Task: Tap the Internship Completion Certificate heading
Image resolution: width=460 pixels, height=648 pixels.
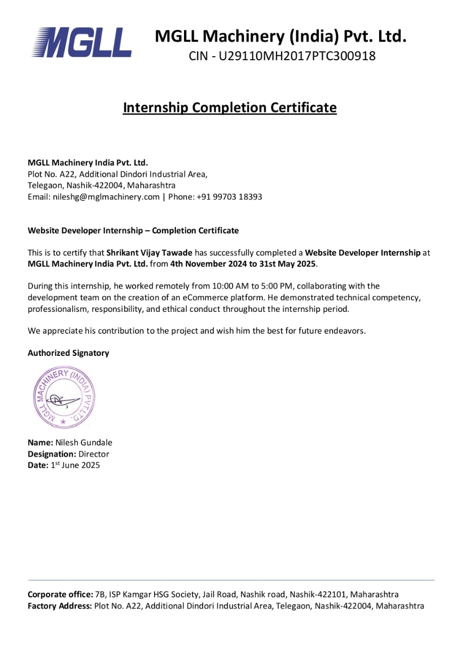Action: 229,108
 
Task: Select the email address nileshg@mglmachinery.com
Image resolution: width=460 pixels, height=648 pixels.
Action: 106,197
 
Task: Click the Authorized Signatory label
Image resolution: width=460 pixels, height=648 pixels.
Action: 68,353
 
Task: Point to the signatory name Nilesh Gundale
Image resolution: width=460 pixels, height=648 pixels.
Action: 84,442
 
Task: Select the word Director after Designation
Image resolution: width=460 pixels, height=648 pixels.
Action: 94,454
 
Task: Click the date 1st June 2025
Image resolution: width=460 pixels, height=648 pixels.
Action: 75,465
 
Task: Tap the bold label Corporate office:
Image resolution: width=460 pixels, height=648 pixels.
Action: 60,594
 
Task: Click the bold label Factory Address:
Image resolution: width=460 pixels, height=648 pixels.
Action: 60,606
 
